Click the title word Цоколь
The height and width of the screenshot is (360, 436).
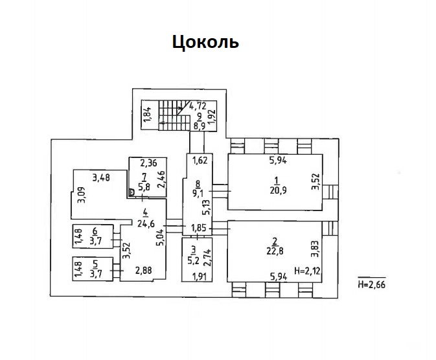pos(205,42)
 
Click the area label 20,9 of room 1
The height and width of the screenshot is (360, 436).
pos(278,190)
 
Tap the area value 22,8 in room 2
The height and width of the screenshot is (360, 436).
pos(275,251)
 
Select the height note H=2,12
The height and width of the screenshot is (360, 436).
pos(307,270)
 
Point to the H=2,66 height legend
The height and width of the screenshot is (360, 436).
pos(371,284)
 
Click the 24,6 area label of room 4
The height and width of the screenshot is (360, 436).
pos(146,223)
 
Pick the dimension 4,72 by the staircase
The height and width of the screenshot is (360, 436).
pos(198,106)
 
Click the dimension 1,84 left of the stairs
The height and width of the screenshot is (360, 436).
pos(148,114)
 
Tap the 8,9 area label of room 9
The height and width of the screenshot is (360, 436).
pos(200,126)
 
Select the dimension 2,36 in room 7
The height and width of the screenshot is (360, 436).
pos(149,163)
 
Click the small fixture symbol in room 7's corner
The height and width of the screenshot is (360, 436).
pos(132,192)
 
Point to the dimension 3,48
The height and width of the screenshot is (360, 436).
pos(101,177)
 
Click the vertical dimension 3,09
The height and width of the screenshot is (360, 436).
pos(82,195)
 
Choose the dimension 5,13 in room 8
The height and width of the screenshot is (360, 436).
pos(207,207)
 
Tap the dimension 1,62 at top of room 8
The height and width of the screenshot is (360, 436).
pos(200,161)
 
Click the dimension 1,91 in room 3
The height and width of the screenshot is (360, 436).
pos(200,276)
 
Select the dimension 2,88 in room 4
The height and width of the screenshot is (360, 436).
pos(143,270)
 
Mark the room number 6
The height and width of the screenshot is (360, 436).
pos(95,231)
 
